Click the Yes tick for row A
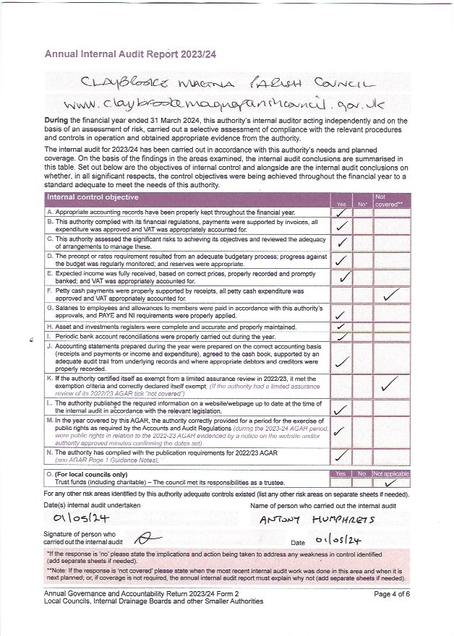342,212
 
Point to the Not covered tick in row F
391,293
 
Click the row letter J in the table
49,347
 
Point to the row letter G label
49,308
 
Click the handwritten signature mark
147,538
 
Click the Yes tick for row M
342,431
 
